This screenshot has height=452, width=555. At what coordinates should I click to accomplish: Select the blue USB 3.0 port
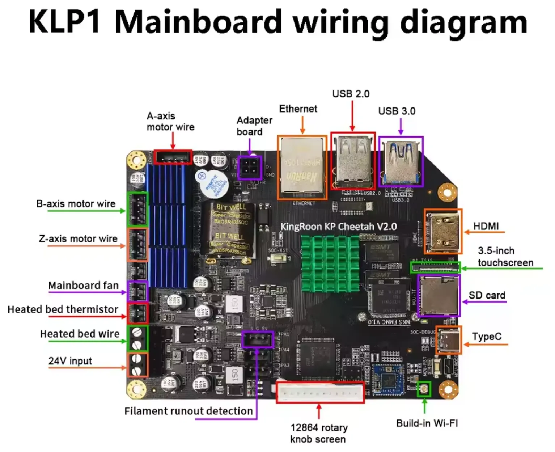(x=401, y=161)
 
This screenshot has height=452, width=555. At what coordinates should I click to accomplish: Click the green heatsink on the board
(x=330, y=263)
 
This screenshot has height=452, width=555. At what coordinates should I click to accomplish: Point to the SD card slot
(x=438, y=295)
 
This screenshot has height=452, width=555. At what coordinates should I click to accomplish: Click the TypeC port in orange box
(x=449, y=340)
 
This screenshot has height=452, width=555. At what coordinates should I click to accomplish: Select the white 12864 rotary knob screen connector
(x=320, y=392)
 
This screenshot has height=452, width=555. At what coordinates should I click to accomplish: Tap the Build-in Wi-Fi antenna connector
(x=424, y=389)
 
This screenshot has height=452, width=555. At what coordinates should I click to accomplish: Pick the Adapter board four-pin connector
(x=250, y=168)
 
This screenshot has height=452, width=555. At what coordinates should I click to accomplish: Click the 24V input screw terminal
(x=137, y=365)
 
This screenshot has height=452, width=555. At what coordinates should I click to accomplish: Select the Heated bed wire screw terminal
(x=137, y=338)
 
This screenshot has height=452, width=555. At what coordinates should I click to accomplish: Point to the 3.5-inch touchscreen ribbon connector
(x=435, y=268)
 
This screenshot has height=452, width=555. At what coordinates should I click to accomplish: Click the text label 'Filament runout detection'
(x=188, y=411)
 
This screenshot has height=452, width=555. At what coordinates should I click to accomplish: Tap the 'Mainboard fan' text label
(x=83, y=286)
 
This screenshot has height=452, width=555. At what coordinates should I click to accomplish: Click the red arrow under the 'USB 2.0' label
(x=352, y=116)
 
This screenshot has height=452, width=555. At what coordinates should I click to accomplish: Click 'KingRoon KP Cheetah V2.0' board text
(x=339, y=227)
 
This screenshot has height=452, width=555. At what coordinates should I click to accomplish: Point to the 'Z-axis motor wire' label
(x=78, y=239)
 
